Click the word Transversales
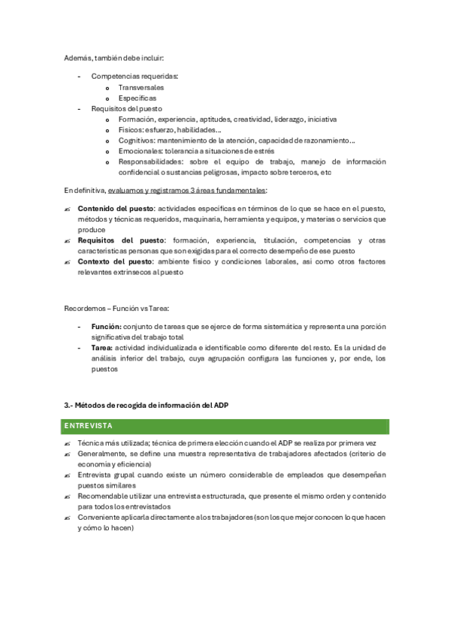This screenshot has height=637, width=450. (141, 87)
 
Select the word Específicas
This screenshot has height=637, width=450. (137, 98)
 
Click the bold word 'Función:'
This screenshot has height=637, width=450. (106, 327)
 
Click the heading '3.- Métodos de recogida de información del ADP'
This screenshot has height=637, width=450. (146, 405)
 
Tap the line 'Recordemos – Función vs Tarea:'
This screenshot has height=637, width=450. (116, 308)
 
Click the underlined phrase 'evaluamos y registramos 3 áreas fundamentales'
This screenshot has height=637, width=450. (186, 190)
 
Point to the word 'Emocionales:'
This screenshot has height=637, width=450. (140, 150)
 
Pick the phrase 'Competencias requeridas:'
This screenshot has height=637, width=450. (134, 76)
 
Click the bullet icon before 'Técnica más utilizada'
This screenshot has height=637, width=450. (68, 444)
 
